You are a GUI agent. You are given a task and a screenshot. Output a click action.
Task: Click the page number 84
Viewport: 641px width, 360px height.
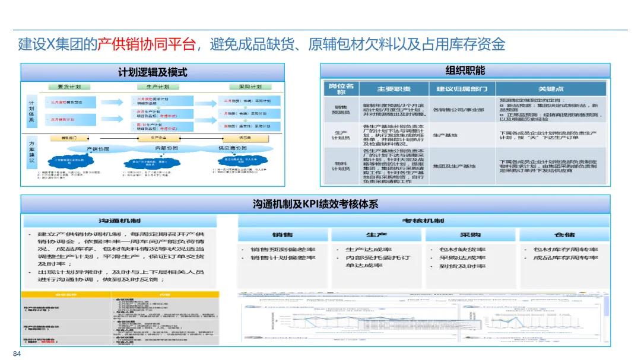point(17,354)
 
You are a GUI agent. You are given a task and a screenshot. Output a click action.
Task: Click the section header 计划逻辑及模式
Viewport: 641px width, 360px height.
point(153,72)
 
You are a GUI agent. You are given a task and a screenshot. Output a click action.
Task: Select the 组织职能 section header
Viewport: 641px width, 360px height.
point(465,71)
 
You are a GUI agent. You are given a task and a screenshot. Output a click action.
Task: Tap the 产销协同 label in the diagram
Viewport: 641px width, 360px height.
point(99,148)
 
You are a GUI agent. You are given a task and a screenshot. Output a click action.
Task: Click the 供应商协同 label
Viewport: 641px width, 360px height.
point(233,148)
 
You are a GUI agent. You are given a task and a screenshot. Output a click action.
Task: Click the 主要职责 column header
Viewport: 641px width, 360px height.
point(394,89)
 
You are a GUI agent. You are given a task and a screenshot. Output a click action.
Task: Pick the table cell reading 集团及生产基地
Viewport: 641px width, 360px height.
point(454,166)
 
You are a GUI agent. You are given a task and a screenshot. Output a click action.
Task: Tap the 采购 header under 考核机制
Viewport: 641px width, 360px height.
point(470,235)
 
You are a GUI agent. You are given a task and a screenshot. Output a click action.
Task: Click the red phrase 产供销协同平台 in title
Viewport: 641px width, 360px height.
point(146,44)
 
